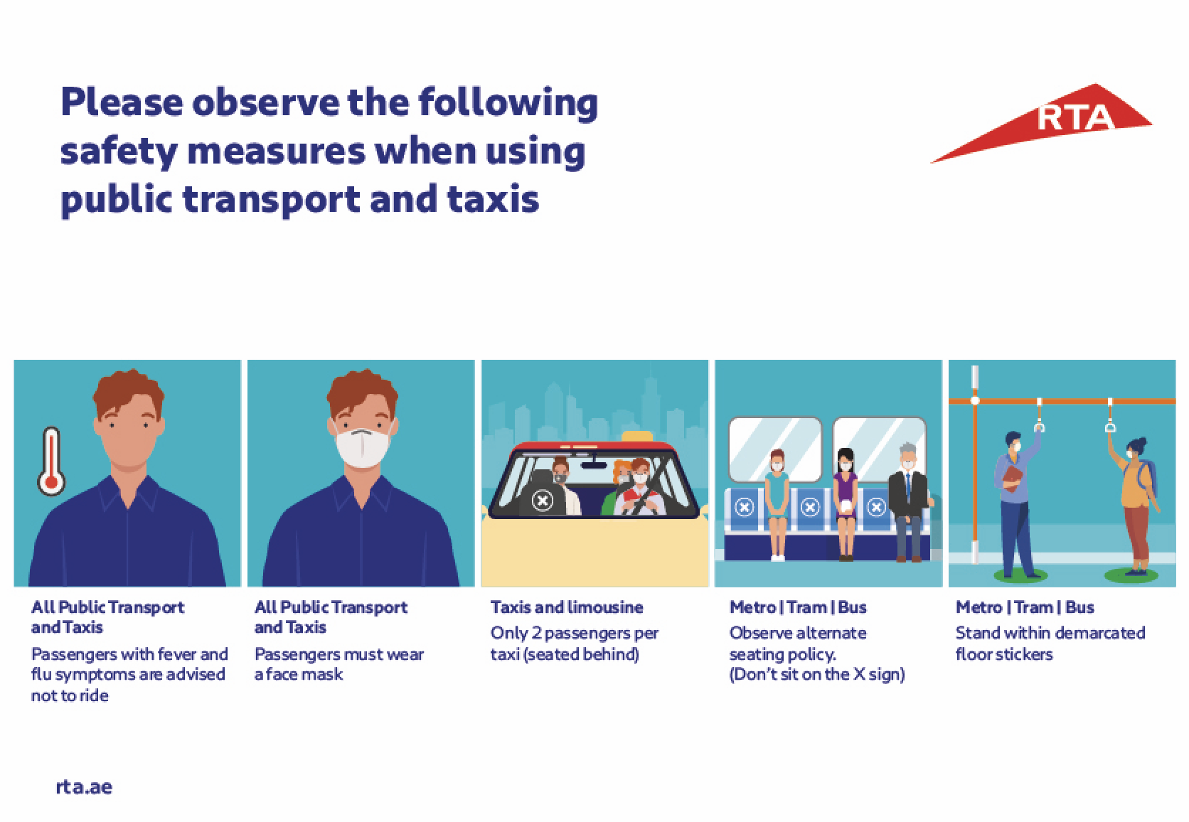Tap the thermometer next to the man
51,461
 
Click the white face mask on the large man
363,447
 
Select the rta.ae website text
84,786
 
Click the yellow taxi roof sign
637,436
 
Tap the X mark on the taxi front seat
543,501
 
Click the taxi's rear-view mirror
594,465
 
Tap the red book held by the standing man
1012,478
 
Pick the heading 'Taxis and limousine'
566,607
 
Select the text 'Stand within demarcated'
1050,633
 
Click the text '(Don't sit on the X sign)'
817,675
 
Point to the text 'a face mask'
298,675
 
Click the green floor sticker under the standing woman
1131,575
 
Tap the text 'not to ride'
70,695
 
